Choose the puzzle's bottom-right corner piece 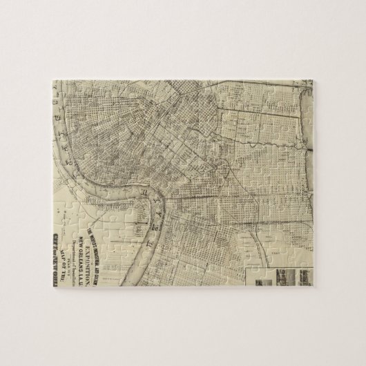tap(304, 276)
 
